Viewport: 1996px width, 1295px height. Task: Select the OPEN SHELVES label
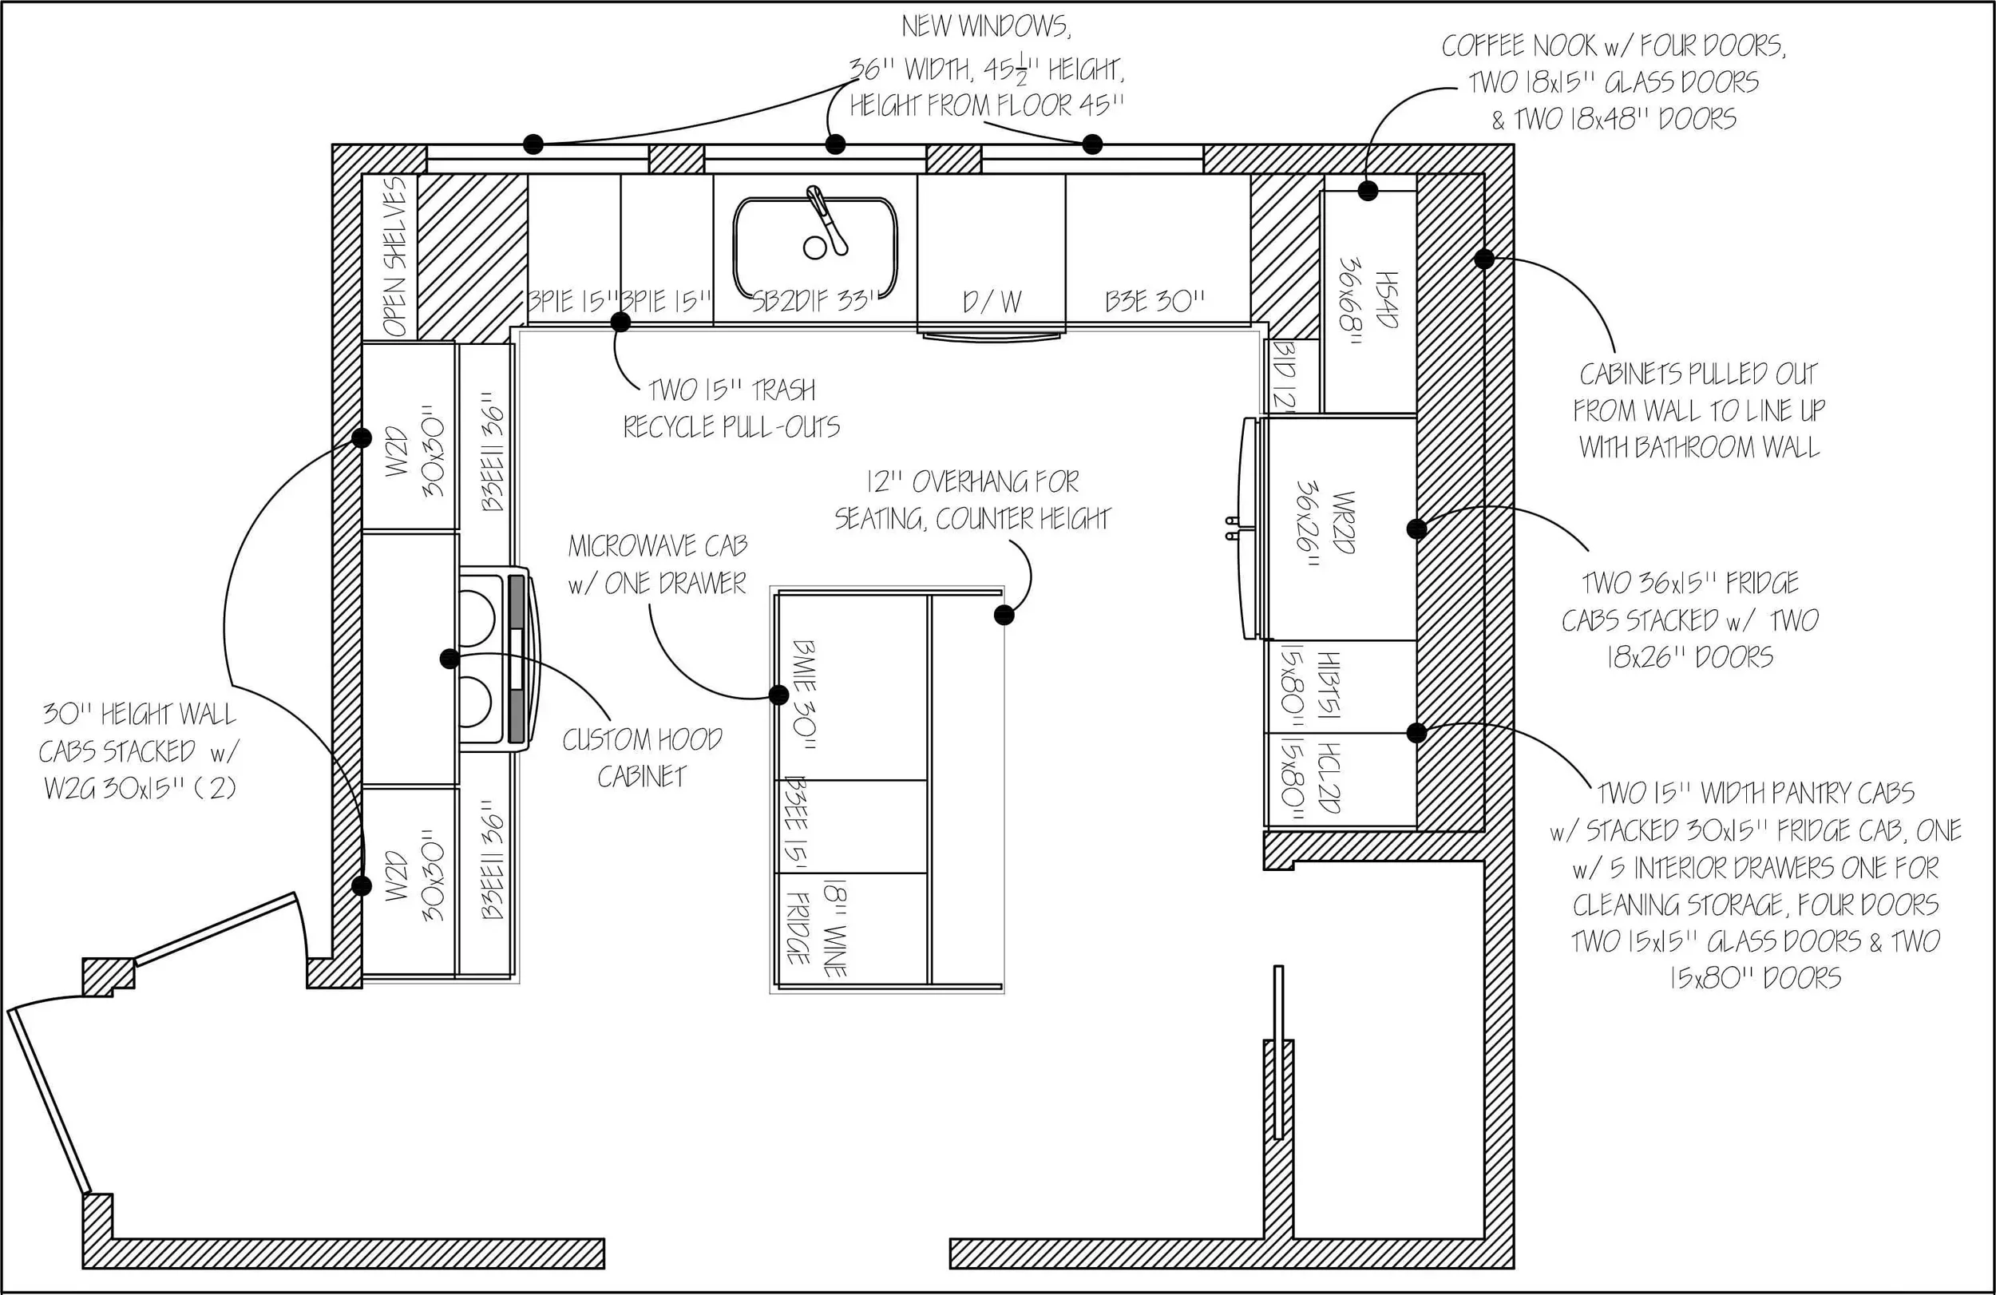[x=394, y=255]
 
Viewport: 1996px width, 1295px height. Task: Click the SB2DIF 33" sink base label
[x=813, y=301]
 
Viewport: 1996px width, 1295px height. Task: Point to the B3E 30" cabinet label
[x=1154, y=301]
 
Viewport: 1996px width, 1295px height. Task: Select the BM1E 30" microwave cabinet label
[x=804, y=695]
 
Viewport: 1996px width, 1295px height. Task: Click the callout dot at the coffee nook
[x=1368, y=192]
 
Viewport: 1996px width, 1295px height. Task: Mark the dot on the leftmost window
[x=533, y=145]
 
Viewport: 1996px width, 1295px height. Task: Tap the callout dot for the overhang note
[x=1004, y=616]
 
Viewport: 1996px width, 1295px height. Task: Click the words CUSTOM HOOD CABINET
[x=642, y=758]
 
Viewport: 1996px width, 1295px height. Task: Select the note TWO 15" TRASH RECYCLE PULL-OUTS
[x=731, y=409]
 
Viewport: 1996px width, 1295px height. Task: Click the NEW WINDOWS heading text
[x=986, y=27]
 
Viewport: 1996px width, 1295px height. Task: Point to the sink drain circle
[x=814, y=248]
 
